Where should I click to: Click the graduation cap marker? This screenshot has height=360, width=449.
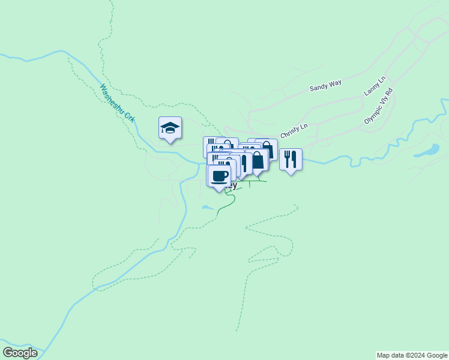(170, 127)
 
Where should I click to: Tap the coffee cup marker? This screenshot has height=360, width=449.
(218, 176)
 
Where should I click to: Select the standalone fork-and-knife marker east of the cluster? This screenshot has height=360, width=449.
(291, 159)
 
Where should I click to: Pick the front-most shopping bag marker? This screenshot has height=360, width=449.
(257, 160)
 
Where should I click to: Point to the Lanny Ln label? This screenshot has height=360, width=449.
(375, 86)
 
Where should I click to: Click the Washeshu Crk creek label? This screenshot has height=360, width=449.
(118, 103)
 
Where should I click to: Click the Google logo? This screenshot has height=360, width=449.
(20, 353)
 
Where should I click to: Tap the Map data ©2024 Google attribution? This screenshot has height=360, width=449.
(412, 355)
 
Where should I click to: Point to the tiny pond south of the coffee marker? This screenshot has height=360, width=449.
(207, 208)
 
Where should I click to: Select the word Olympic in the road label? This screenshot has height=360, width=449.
(373, 114)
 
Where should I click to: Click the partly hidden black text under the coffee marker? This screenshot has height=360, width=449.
(233, 186)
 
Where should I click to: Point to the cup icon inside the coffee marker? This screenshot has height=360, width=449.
(219, 175)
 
